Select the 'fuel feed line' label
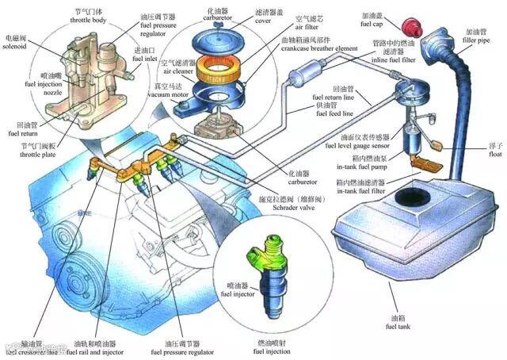coord(332,113)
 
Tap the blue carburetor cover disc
coord(212,33)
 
